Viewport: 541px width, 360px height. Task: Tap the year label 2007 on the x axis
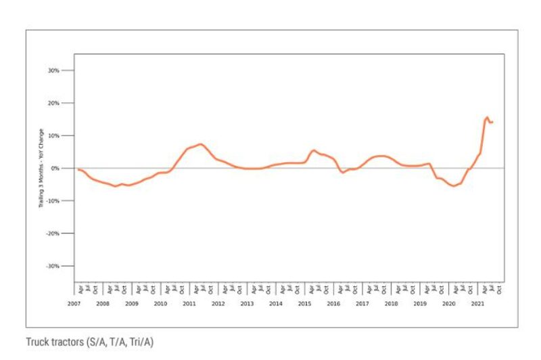click(x=74, y=304)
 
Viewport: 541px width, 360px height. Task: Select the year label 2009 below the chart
click(x=131, y=304)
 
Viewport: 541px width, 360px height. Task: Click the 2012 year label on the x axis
click(x=218, y=304)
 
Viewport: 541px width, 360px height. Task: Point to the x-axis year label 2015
click(x=304, y=304)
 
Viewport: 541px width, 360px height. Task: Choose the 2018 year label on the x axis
click(x=391, y=304)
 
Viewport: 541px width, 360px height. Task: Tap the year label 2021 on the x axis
click(x=477, y=304)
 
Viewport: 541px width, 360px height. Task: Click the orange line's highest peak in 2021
click(x=487, y=117)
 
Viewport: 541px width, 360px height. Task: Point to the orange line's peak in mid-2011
click(x=200, y=143)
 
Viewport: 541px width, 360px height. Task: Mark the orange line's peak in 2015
click(x=313, y=150)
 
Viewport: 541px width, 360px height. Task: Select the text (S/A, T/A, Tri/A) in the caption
click(x=120, y=342)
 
